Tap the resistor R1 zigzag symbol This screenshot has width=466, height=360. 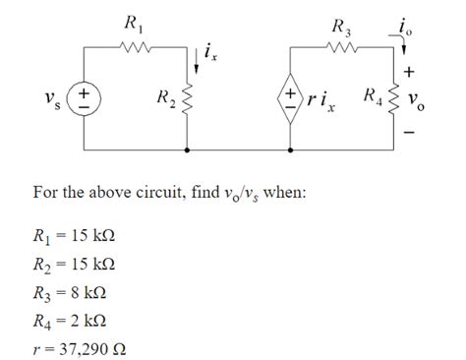[134, 46]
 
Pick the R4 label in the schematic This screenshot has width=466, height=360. [373, 96]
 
